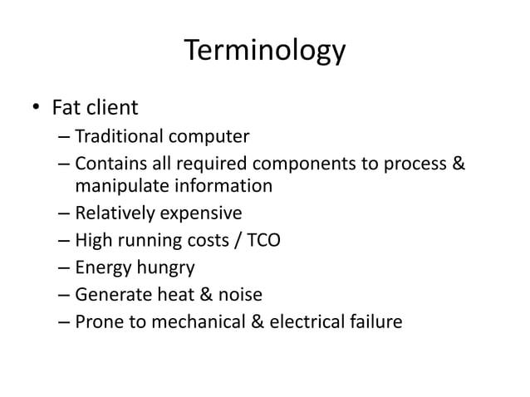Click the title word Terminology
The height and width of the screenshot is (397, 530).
click(264, 51)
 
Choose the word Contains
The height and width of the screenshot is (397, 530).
click(108, 162)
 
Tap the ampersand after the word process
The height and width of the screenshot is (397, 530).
click(458, 162)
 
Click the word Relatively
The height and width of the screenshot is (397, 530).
click(112, 214)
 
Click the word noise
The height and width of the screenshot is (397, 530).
click(240, 294)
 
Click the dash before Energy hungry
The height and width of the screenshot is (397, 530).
click(65, 267)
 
